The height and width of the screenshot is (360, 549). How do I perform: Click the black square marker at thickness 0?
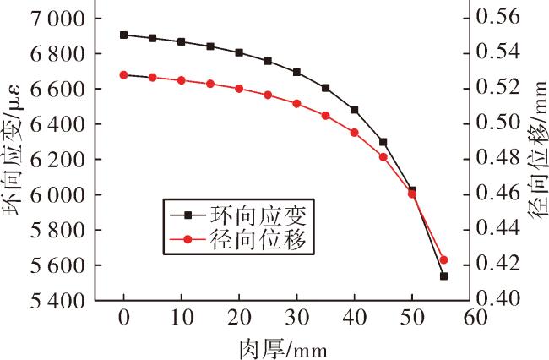pyautogui.click(x=123, y=35)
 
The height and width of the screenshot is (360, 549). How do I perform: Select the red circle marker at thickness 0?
pyautogui.click(x=123, y=75)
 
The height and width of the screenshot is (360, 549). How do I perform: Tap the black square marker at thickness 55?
pyautogui.click(x=443, y=276)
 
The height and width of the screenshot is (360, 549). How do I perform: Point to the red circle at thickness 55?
pyautogui.click(x=443, y=259)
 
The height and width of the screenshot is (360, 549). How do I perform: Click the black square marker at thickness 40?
pyautogui.click(x=355, y=110)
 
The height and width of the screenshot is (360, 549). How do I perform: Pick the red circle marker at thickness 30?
pyautogui.click(x=297, y=104)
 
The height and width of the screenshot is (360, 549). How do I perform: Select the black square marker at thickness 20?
pyautogui.click(x=239, y=53)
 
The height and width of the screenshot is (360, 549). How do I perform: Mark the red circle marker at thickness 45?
pyautogui.click(x=383, y=157)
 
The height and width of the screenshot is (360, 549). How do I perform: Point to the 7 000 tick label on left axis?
pyautogui.click(x=57, y=19)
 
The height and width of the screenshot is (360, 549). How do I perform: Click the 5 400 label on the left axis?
pyautogui.click(x=57, y=301)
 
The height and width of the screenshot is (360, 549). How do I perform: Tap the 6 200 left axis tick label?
pyautogui.click(x=57, y=160)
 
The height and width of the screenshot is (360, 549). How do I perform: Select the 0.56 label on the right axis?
pyautogui.click(x=498, y=16)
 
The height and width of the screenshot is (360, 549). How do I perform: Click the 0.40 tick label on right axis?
pyautogui.click(x=498, y=297)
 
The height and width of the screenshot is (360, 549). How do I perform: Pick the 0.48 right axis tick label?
pyautogui.click(x=498, y=157)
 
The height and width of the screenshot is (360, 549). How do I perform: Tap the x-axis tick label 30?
pyautogui.click(x=297, y=318)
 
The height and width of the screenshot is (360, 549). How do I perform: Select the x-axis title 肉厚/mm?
pyautogui.click(x=284, y=349)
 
